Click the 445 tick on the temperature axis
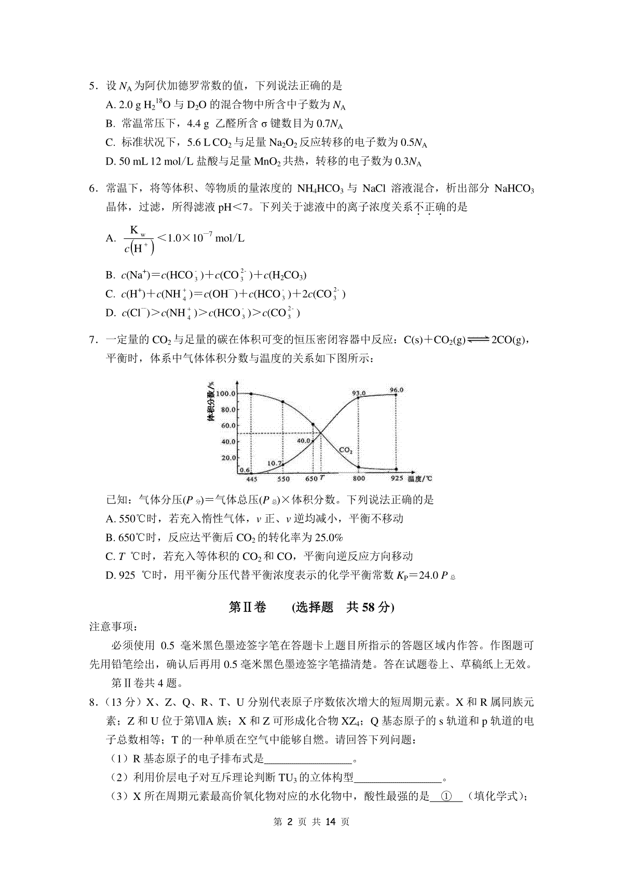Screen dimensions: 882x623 coord(252,479)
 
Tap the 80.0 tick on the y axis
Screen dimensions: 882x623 coord(229,410)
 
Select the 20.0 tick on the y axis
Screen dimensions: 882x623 coord(229,458)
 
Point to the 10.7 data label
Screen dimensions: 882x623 coord(275,463)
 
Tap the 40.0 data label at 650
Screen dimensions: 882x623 coord(304,441)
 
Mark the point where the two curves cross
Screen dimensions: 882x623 coord(321,433)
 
